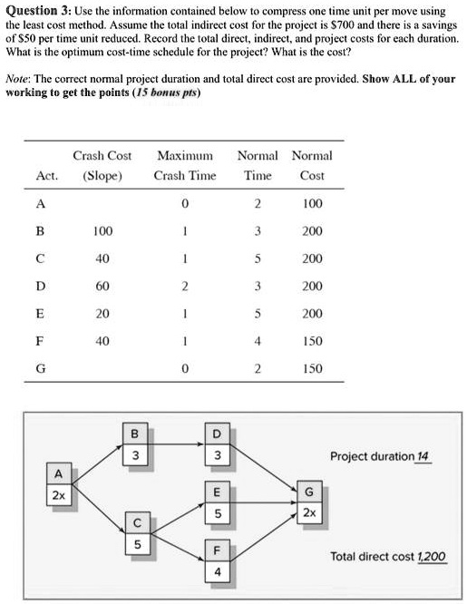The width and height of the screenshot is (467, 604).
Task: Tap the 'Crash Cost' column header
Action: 102,155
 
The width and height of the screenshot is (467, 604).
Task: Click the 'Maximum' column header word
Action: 184,155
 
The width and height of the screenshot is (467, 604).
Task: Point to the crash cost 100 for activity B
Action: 102,231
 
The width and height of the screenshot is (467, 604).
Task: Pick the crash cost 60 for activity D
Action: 102,286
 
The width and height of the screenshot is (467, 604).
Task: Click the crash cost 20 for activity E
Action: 102,314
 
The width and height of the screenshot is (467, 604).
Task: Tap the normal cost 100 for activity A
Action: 311,203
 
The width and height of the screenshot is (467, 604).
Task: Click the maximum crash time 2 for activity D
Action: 184,286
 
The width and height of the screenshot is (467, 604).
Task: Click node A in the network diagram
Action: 58,484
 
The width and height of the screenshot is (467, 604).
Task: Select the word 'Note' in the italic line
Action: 21,79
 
